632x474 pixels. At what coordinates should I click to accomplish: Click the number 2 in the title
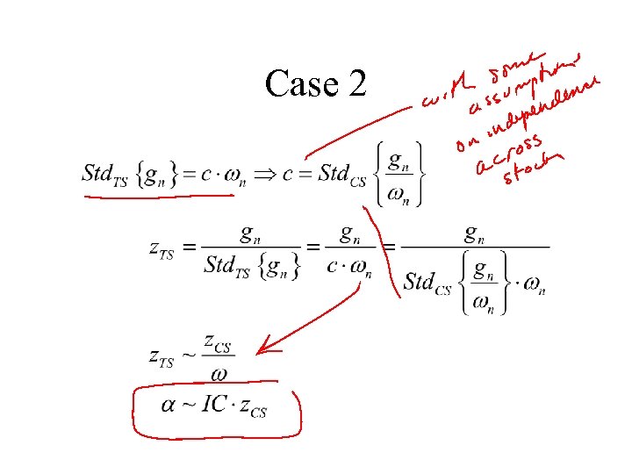pyautogui.click(x=356, y=84)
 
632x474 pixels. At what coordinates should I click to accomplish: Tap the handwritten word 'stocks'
pyautogui.click(x=531, y=169)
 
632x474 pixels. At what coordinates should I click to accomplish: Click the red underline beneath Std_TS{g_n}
pyautogui.click(x=158, y=197)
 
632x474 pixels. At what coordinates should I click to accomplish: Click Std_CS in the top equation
pyautogui.click(x=346, y=172)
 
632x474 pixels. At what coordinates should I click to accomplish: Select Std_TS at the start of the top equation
pyautogui.click(x=104, y=173)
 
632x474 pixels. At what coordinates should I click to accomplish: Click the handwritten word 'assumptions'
pyautogui.click(x=523, y=87)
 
